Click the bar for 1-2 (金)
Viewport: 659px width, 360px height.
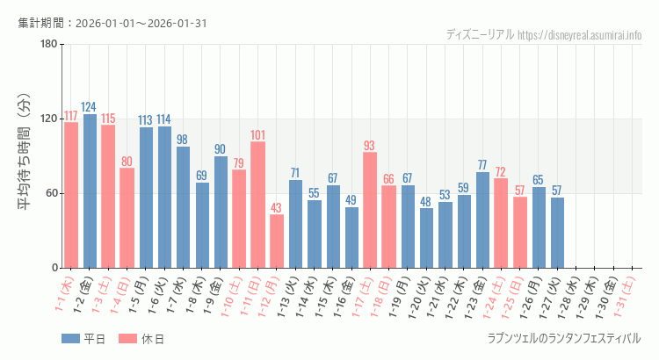point(90,191)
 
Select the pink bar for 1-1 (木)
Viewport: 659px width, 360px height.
point(71,195)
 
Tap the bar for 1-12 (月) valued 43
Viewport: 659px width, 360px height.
point(277,241)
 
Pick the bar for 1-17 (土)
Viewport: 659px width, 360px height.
point(370,210)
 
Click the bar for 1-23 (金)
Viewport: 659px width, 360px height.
point(482,220)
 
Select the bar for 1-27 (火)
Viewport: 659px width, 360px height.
point(557,232)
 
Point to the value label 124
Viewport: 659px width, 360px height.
point(90,107)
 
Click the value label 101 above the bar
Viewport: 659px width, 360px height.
point(258,135)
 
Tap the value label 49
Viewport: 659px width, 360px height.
point(351,200)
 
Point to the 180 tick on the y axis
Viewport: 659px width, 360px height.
point(48,45)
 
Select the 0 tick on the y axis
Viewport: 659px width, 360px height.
point(54,268)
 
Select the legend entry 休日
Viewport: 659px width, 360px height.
point(141,339)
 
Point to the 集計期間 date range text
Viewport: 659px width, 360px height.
point(112,23)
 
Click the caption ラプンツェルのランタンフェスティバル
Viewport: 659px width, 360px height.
point(563,338)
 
